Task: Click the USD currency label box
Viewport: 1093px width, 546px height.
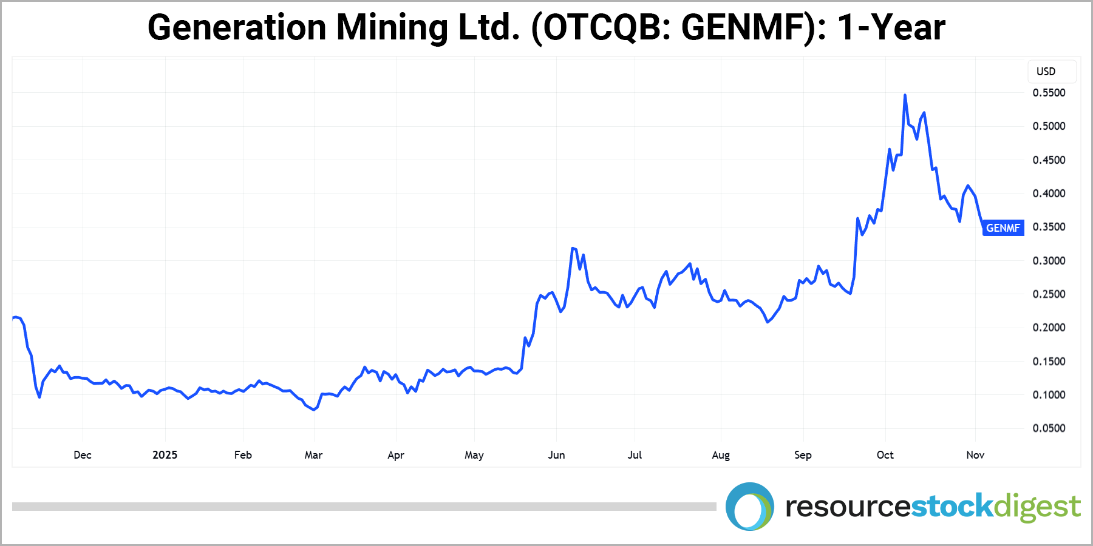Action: click(x=1052, y=72)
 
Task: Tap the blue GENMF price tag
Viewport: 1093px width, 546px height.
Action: click(x=1003, y=228)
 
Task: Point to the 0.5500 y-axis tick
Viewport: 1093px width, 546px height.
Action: click(x=1049, y=93)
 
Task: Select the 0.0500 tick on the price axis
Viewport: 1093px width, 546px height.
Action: click(x=1049, y=428)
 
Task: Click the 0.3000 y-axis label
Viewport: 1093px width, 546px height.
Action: click(x=1049, y=261)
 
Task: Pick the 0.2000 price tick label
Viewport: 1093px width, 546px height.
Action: click(x=1049, y=328)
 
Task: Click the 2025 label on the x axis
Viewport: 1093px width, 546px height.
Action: click(x=165, y=455)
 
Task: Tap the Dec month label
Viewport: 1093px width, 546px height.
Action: click(x=83, y=455)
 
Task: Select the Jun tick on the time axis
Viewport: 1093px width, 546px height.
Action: click(x=556, y=455)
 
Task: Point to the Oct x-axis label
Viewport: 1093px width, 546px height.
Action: click(x=885, y=455)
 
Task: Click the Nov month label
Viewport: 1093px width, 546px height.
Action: click(x=975, y=455)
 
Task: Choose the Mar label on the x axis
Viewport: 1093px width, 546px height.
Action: click(x=313, y=455)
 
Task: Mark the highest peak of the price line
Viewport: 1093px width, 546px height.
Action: click(x=905, y=95)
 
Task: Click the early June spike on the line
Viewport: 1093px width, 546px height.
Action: click(x=573, y=248)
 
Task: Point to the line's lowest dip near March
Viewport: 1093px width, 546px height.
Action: click(x=313, y=409)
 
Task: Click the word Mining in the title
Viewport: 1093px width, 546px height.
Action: click(x=392, y=28)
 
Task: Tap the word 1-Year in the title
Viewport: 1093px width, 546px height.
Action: click(x=891, y=28)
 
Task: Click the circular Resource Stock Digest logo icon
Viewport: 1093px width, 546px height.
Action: click(x=749, y=507)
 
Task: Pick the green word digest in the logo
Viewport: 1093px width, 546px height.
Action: click(x=1037, y=507)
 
